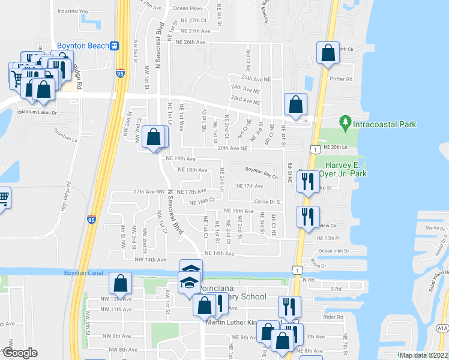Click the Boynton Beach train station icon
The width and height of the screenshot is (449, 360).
point(115,46)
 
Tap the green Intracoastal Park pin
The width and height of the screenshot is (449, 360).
point(345,124)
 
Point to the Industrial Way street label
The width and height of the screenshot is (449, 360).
point(73,11)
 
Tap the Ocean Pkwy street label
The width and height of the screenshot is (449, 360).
point(188,8)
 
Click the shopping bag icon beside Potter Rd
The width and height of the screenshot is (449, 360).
point(328,53)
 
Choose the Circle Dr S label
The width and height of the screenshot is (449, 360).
point(268,202)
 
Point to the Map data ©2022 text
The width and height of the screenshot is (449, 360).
point(424,355)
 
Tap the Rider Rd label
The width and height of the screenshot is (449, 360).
point(332,317)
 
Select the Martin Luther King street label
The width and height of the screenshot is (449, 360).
point(231,323)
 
